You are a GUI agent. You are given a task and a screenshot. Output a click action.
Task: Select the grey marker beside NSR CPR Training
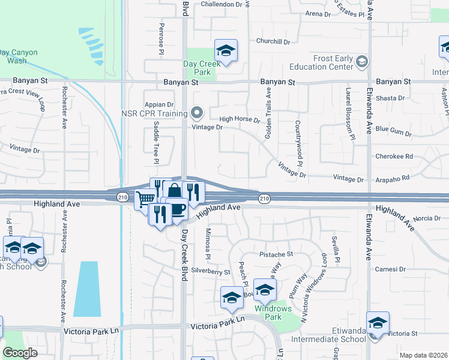(x=196, y=112)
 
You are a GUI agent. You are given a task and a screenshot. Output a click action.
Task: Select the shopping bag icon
(x=174, y=191)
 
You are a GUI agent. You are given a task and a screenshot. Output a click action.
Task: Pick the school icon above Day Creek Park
(x=226, y=51)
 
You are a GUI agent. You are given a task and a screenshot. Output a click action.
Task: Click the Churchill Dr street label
(x=273, y=42)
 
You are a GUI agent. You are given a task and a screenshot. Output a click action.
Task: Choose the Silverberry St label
(x=210, y=272)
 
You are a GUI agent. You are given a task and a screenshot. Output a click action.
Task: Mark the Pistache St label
(x=276, y=254)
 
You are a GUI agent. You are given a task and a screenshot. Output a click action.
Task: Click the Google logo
(x=20, y=353)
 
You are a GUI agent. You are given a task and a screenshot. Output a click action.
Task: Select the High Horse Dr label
(x=239, y=120)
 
